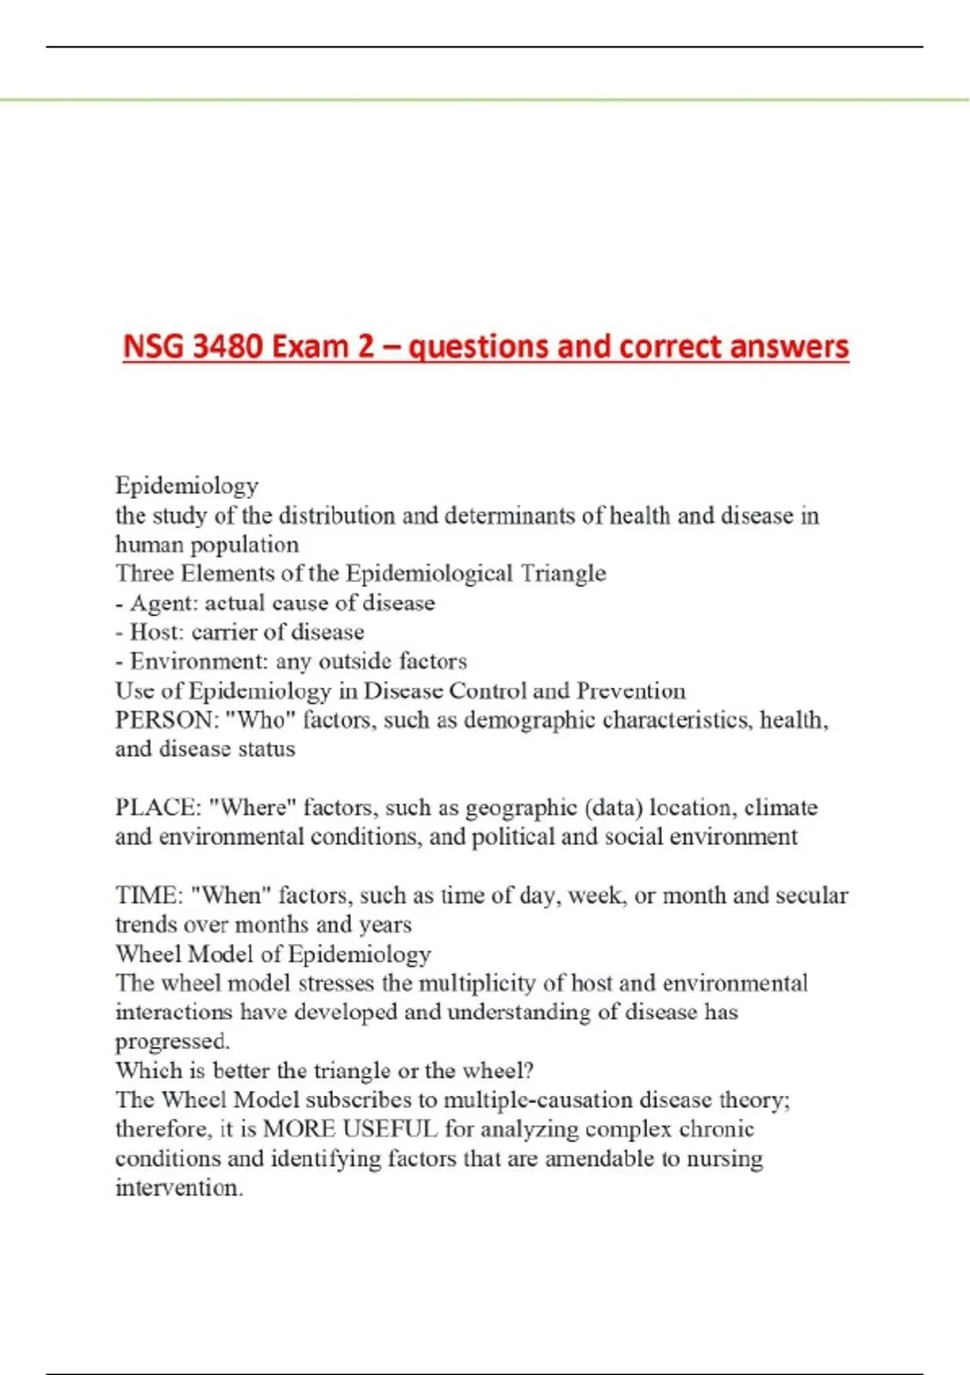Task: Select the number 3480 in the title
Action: (229, 346)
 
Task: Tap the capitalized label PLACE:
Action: (158, 807)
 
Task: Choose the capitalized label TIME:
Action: (148, 895)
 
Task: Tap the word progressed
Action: (172, 1042)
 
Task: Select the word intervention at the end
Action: (179, 1188)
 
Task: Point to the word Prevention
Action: (630, 691)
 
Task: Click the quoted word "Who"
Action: (260, 720)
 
